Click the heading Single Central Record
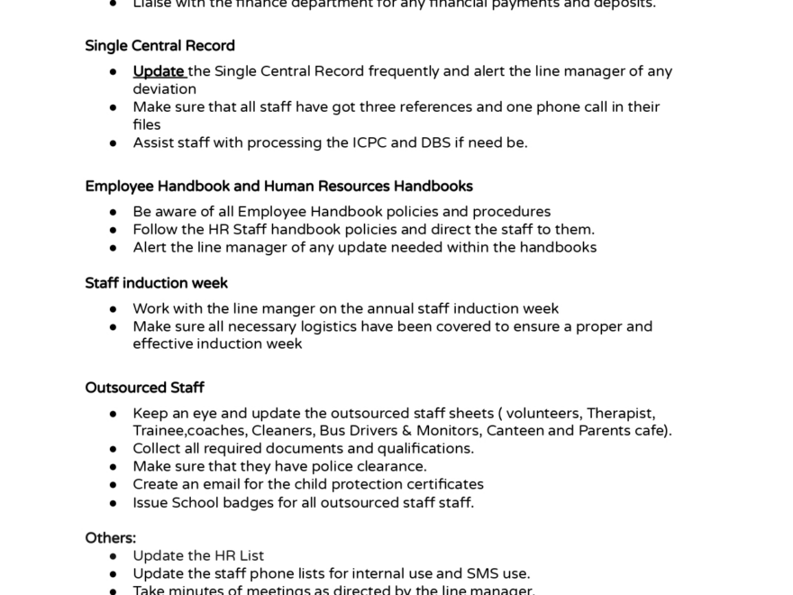(160, 46)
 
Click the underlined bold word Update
(159, 71)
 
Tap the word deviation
(164, 89)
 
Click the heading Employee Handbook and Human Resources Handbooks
(278, 187)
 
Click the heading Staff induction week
(156, 283)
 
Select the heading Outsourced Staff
(144, 388)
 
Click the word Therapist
(620, 414)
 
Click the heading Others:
(110, 538)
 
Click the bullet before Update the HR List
(114, 556)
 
